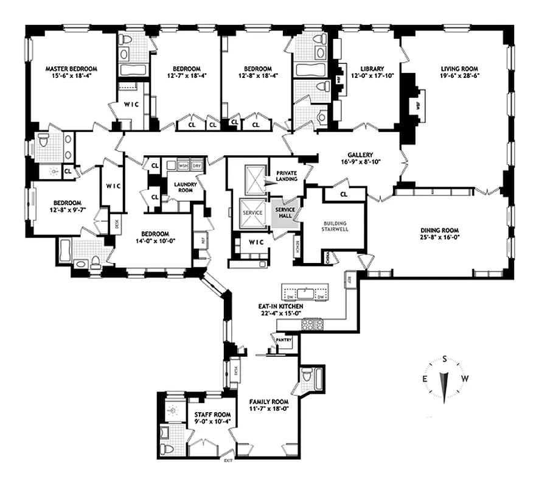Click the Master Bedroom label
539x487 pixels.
[71, 69]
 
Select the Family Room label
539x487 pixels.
[268, 402]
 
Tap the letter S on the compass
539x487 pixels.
[445, 359]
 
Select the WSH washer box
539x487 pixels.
[183, 165]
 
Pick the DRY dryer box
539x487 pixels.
[196, 165]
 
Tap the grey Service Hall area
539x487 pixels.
[285, 214]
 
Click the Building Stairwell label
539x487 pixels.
[334, 227]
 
